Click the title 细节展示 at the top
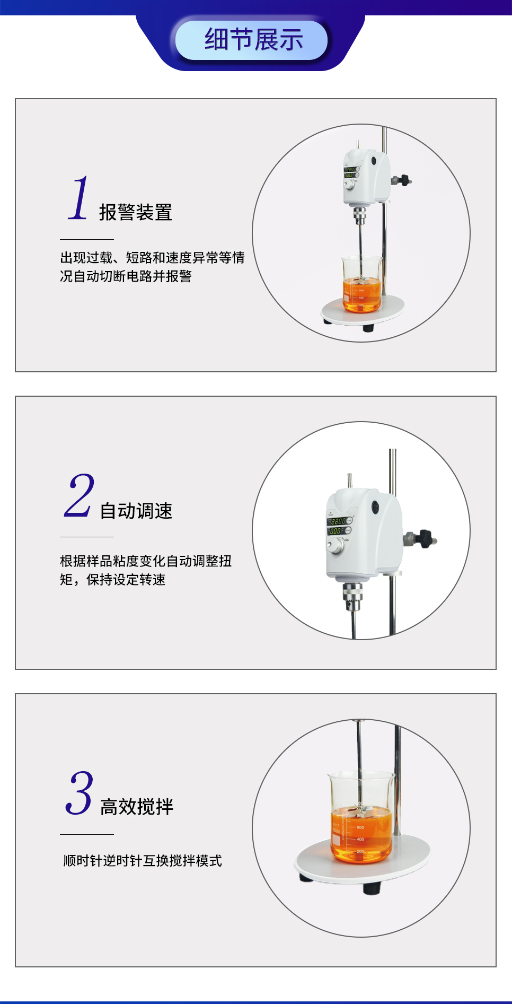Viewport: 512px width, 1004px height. click(253, 40)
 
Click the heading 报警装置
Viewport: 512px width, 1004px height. click(136, 212)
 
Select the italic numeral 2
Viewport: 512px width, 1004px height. click(79, 495)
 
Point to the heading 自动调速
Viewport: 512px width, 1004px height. click(136, 511)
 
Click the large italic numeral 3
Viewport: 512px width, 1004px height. click(80, 793)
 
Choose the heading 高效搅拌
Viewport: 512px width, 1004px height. click(137, 807)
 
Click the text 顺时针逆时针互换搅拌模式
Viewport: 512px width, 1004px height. click(143, 860)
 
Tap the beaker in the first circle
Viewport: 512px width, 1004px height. click(361, 284)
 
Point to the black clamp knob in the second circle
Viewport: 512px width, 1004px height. click(425, 538)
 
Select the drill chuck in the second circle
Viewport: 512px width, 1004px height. click(352, 596)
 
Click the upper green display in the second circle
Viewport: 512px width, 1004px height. click(338, 521)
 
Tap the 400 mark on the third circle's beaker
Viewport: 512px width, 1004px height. click(360, 839)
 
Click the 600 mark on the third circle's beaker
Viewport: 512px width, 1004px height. click(360, 827)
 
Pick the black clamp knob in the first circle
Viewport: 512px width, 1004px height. click(405, 180)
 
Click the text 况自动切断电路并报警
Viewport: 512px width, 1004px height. click(126, 276)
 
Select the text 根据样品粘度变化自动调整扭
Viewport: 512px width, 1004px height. click(146, 561)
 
